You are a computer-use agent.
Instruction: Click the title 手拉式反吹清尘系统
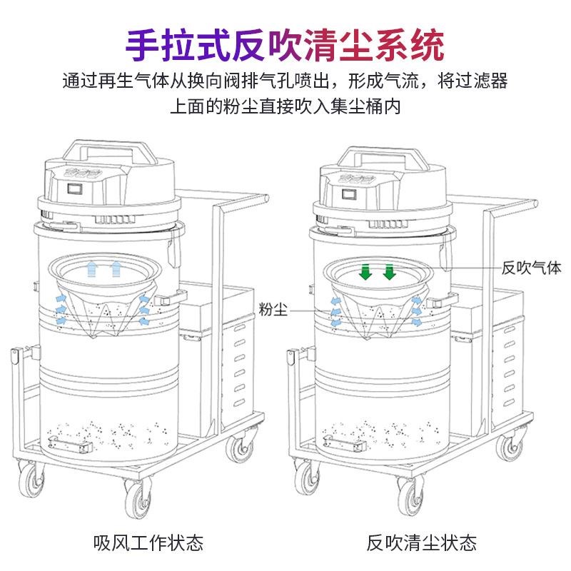[285, 44]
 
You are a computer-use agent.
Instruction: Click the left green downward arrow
[365, 272]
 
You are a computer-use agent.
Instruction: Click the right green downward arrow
[389, 272]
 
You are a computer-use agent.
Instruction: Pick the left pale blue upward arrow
[91, 269]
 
